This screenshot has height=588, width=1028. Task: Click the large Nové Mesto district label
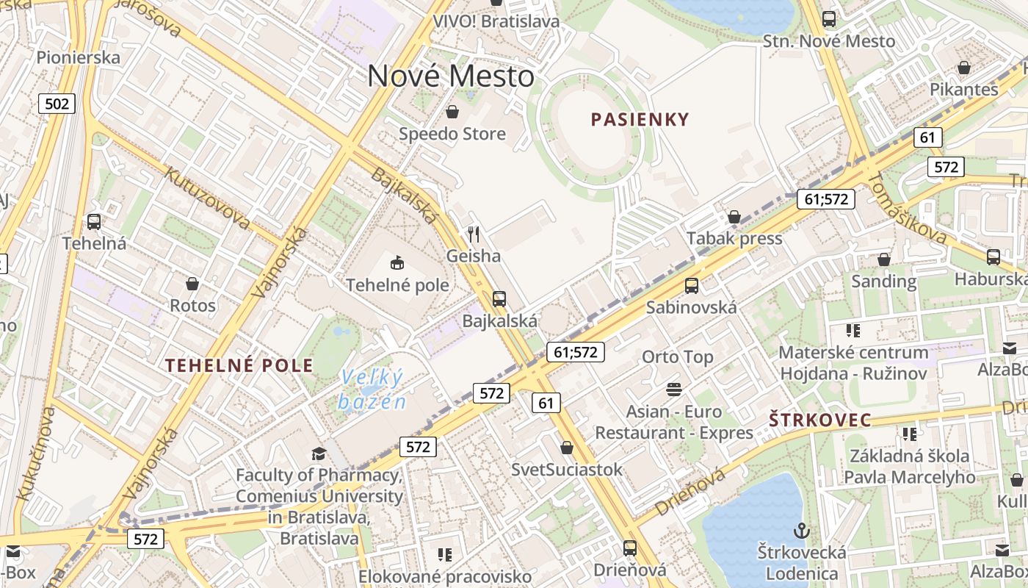coord(451,76)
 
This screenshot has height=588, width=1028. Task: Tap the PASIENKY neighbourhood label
coord(640,119)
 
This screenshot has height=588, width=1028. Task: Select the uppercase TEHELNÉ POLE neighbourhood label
coord(239,365)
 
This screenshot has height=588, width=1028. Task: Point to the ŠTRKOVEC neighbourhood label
coord(820,420)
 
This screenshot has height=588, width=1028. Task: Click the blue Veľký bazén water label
coord(373,390)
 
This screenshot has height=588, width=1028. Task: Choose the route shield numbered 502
coord(57,104)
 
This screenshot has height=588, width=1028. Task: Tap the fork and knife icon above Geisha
coord(474,234)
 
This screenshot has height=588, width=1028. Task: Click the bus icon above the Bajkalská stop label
coord(499,299)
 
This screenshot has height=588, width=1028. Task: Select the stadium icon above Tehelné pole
coord(397,262)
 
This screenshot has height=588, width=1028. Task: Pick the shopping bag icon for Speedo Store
coord(452,112)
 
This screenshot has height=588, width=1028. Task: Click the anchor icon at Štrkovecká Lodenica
coord(802,530)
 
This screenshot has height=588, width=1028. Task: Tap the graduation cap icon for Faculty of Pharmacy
coord(319,453)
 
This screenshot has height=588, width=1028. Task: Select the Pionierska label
coord(78,57)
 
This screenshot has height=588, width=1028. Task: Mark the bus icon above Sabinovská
coord(691,286)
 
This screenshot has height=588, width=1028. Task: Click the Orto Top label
coord(678,357)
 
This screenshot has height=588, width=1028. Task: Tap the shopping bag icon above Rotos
coord(192,284)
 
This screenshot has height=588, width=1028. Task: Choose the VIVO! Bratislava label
coord(496,21)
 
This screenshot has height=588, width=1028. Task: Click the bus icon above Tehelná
coord(94,221)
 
